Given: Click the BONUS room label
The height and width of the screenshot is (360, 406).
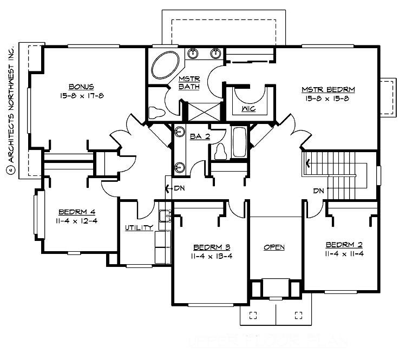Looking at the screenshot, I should coord(82,87).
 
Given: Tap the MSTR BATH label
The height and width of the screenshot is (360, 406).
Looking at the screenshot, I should coord(189,83).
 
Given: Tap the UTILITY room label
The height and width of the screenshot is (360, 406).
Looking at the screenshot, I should coord(139,227).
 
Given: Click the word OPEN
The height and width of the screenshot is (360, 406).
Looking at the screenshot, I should coord(274,247).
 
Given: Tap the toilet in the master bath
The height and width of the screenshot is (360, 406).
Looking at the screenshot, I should coord(156,113).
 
